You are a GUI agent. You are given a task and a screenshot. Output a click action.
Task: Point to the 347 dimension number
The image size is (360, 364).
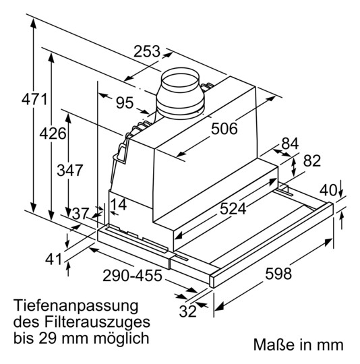[x=52, y=171]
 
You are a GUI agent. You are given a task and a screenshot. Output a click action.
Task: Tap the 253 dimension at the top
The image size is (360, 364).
[x=146, y=52]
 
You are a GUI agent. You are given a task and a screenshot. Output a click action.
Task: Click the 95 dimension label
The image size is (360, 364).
[x=124, y=102]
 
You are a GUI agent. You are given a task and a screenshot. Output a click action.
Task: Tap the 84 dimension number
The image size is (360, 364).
[x=289, y=144]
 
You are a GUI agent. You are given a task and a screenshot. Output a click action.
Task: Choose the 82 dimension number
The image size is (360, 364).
[x=311, y=161]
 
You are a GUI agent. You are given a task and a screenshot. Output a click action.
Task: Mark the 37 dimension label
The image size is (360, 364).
[x=81, y=214]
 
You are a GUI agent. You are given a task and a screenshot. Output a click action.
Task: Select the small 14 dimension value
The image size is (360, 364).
[x=118, y=204]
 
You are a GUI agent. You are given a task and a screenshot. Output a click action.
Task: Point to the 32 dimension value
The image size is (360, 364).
[x=188, y=311]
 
